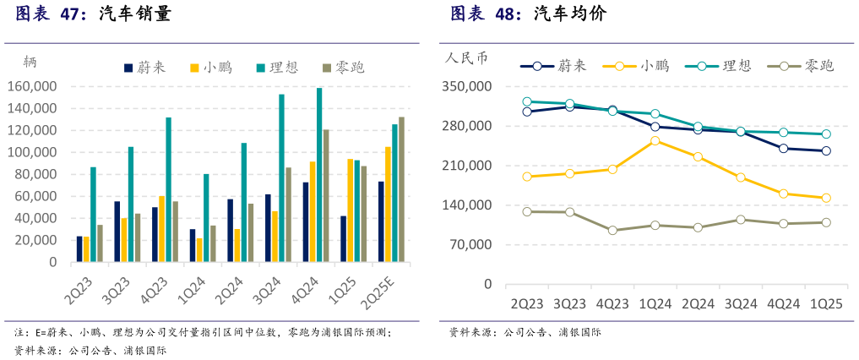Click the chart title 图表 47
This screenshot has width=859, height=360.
point(51,14)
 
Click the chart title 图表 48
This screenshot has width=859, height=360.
point(486,14)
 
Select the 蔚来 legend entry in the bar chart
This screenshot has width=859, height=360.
point(145,68)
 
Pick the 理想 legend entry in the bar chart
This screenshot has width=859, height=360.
point(275,68)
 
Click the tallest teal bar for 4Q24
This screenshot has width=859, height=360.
point(319,175)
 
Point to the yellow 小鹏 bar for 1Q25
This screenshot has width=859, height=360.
point(350,210)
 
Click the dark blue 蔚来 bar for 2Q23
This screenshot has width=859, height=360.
point(79,248)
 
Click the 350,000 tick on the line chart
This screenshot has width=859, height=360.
point(467,86)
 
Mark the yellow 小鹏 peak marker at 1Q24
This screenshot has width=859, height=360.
point(655,140)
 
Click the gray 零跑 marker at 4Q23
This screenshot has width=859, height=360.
point(612,231)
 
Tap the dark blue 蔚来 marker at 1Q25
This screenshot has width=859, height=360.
point(826,151)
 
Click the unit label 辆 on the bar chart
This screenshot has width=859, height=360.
point(30,61)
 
